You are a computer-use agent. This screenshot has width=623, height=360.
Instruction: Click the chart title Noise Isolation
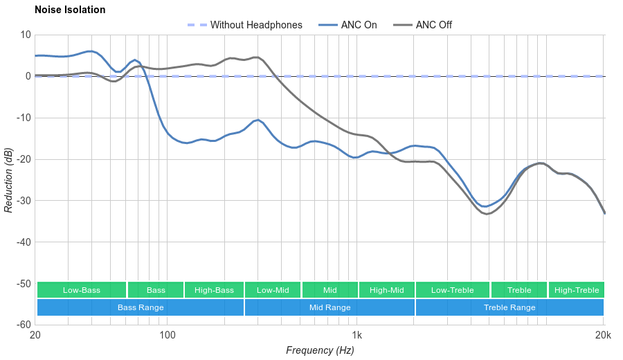click(70, 10)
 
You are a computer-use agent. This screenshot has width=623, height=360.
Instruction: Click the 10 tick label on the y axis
click(26, 35)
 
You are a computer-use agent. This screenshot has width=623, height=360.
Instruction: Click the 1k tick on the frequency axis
click(357, 336)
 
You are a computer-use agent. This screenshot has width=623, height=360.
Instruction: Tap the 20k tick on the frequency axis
click(603, 336)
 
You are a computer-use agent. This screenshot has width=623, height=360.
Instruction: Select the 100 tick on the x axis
click(168, 336)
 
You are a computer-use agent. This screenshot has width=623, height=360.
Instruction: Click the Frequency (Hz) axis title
click(320, 350)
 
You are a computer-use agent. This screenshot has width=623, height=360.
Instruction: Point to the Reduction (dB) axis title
click(8, 180)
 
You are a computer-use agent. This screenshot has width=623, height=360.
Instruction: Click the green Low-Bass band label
click(82, 290)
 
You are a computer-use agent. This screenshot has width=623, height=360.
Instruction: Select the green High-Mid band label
click(386, 290)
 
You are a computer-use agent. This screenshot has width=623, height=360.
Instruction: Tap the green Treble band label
click(519, 290)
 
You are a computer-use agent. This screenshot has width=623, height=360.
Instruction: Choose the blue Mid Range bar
click(329, 307)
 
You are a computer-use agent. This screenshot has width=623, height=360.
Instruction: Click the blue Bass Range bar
click(141, 307)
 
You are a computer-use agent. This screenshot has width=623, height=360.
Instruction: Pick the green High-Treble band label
click(577, 290)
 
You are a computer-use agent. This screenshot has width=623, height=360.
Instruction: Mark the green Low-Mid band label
click(273, 290)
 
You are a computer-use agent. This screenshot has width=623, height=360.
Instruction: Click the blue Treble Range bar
click(509, 307)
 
